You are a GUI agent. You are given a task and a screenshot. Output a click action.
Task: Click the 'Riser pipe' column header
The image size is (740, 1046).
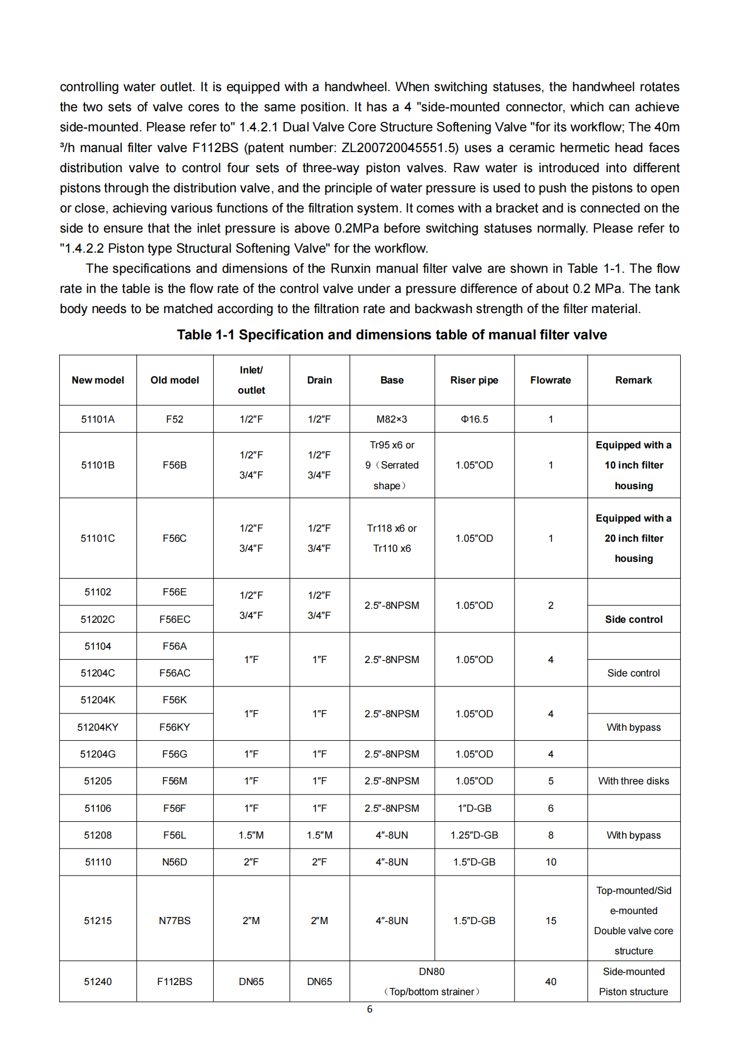coord(474,380)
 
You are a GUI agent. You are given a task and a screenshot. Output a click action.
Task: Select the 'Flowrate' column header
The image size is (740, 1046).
coord(550,380)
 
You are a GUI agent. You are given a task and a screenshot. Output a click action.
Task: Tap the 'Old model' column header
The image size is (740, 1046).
coord(175,380)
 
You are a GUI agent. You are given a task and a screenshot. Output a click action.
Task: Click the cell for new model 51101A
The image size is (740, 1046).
coord(98,419)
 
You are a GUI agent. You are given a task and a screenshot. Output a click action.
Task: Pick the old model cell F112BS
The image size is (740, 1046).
coord(175,982)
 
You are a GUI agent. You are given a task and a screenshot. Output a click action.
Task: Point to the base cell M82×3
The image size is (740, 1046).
coord(392,419)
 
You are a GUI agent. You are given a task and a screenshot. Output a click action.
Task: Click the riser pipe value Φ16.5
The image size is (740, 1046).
coord(474,419)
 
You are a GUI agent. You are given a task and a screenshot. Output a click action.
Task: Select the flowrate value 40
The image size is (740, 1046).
coord(550,982)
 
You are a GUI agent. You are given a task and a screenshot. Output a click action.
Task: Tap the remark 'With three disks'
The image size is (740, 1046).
coord(633,781)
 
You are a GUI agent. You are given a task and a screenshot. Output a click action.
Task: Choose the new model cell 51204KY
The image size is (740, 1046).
coord(98,727)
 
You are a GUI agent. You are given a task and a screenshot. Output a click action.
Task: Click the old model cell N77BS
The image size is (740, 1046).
coord(175,921)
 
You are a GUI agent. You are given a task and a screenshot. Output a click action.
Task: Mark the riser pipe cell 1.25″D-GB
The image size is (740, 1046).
coord(474,835)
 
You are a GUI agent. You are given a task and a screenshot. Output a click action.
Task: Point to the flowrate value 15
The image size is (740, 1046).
coord(550,921)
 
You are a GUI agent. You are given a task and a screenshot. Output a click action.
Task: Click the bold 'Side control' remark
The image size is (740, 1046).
coord(633,619)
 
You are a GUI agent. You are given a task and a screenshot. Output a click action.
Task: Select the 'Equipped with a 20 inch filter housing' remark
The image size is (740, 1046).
coord(633,538)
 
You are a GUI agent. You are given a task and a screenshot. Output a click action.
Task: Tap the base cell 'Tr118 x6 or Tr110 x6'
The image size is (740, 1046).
coord(392,538)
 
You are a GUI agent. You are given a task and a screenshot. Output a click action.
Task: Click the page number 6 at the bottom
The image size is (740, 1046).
coord(370,1009)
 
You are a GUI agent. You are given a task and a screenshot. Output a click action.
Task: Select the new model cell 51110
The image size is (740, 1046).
coord(98,862)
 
